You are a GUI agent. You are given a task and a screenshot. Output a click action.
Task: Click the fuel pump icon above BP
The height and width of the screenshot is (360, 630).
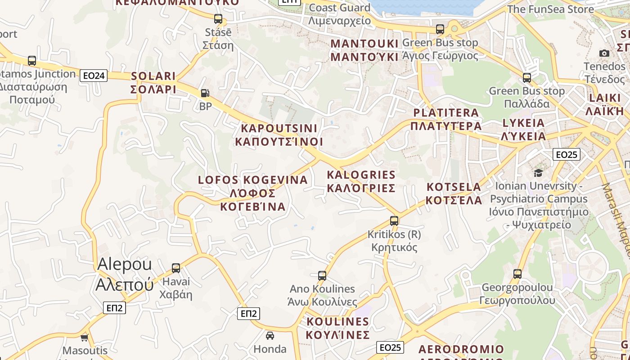(x=205, y=93)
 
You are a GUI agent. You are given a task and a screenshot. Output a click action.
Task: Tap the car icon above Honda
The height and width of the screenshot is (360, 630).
(x=270, y=335)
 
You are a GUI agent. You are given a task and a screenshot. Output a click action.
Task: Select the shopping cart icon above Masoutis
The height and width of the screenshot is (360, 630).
(x=84, y=337)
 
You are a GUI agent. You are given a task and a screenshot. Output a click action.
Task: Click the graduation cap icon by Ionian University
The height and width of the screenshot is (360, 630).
(x=538, y=173)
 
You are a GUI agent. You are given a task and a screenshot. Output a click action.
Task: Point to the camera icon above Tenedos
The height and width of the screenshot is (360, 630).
(x=604, y=53)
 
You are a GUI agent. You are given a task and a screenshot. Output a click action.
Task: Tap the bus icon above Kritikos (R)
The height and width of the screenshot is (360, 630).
(x=394, y=220)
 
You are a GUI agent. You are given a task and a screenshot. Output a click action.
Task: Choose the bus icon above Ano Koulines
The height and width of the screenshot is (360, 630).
(x=322, y=275)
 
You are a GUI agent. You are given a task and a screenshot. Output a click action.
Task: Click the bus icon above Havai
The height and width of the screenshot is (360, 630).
(x=176, y=268)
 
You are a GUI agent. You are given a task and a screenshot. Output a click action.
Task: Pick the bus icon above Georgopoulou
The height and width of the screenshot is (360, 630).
(x=517, y=274)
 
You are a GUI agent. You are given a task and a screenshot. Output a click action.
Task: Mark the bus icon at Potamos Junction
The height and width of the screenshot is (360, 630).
(x=32, y=60)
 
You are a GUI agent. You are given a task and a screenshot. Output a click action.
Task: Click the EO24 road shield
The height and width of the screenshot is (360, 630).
(x=94, y=76)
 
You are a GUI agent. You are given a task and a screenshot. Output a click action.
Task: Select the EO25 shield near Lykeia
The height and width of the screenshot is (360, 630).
(x=566, y=155)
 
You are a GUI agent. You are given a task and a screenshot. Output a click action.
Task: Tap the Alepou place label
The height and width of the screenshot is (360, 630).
(x=125, y=274)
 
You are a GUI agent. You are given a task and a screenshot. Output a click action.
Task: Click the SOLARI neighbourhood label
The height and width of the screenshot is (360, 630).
(x=153, y=82)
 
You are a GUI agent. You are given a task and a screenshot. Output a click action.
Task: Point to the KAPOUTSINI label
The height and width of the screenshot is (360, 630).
(x=279, y=135)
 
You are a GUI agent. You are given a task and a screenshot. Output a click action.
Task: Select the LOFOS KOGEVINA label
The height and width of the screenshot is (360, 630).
(x=253, y=193)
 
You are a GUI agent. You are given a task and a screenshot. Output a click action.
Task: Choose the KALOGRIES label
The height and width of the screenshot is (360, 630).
(x=361, y=181)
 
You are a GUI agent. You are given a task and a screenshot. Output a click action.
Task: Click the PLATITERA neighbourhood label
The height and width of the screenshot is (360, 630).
(x=446, y=119)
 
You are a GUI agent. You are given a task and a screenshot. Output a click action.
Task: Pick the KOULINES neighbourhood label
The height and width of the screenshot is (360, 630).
(x=337, y=328)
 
